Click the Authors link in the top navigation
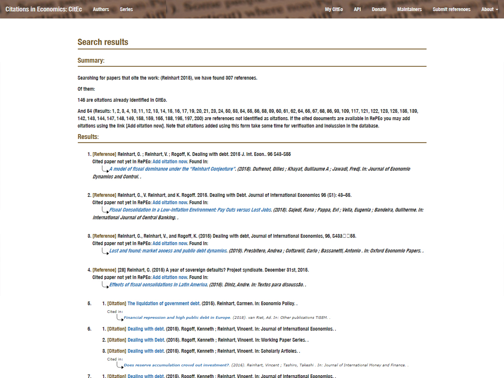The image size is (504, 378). coord(101,9)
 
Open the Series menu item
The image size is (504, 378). coord(126,9)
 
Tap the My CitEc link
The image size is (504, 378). coord(334,9)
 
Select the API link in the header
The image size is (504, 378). coord(357,9)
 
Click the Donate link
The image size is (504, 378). coord(379,9)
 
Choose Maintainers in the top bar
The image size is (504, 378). coord(409,9)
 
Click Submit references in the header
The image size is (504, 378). coord(451,9)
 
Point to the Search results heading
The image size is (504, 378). coord(103,42)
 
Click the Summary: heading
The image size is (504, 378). coord(91,60)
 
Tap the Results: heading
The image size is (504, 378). coord(88,137)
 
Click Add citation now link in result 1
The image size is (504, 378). coord(170,162)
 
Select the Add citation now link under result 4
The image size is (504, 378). coord(170,277)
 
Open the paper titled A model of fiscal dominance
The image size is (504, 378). coord(171,169)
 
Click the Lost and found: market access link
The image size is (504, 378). coord(168,251)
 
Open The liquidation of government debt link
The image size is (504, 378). coord(164,303)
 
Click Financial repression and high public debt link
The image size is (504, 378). coord(177,318)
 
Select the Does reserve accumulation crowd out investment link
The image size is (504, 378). coord(176,365)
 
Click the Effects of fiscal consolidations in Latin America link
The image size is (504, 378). coord(158,284)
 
